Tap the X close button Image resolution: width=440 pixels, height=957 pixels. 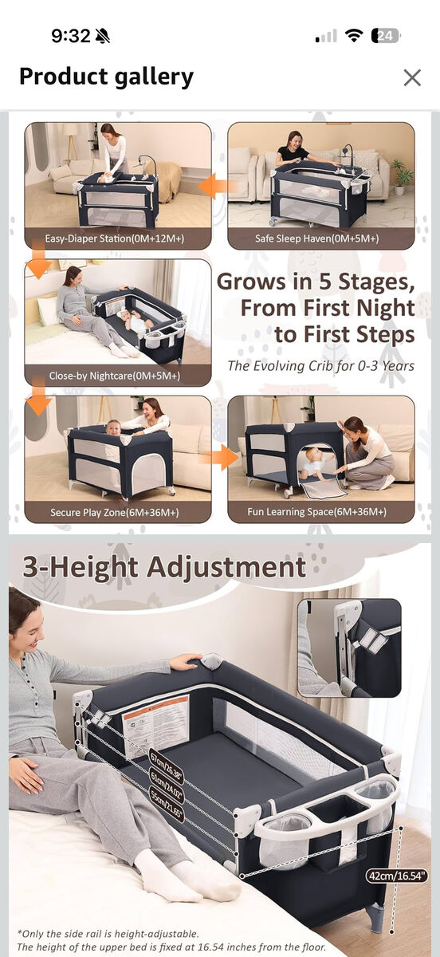(x=411, y=77)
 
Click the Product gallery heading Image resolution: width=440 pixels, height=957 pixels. (x=106, y=77)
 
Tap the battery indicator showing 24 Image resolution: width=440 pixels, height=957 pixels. (x=386, y=36)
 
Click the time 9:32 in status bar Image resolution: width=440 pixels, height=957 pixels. (x=71, y=36)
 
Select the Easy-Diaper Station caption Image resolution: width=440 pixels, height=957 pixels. (x=118, y=238)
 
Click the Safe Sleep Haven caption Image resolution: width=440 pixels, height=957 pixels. (x=317, y=238)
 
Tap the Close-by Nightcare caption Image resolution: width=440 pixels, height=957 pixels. (x=115, y=375)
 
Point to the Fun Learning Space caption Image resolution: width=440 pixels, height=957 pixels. (x=317, y=512)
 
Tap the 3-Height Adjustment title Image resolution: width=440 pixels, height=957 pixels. (x=163, y=568)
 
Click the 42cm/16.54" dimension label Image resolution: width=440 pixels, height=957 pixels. (x=397, y=876)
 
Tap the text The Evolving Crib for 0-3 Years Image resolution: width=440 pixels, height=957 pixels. (x=320, y=366)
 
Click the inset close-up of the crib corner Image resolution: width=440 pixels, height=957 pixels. (x=348, y=647)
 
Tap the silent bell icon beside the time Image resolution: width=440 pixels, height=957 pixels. (x=103, y=36)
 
